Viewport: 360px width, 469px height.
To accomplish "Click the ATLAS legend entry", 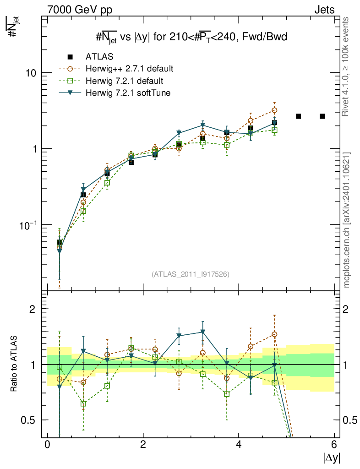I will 99,57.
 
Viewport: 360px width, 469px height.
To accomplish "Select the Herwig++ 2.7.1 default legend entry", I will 129,69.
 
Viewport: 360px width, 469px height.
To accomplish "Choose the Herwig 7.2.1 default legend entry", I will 124,81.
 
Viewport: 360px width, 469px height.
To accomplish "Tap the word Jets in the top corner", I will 324,10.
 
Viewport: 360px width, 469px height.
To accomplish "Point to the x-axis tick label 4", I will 239,445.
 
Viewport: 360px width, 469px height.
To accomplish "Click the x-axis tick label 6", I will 334,445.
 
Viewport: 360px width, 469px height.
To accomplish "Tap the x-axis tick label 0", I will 47,445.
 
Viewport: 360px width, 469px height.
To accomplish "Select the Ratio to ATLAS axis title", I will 14,365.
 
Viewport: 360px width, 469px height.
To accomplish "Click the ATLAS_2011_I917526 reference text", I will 191,274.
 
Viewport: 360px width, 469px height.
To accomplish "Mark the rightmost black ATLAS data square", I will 322,116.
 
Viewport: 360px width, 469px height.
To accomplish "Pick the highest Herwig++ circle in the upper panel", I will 274,110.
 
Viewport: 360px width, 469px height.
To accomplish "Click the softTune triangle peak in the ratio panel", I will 203,332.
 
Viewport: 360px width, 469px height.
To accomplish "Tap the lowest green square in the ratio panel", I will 84,404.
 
